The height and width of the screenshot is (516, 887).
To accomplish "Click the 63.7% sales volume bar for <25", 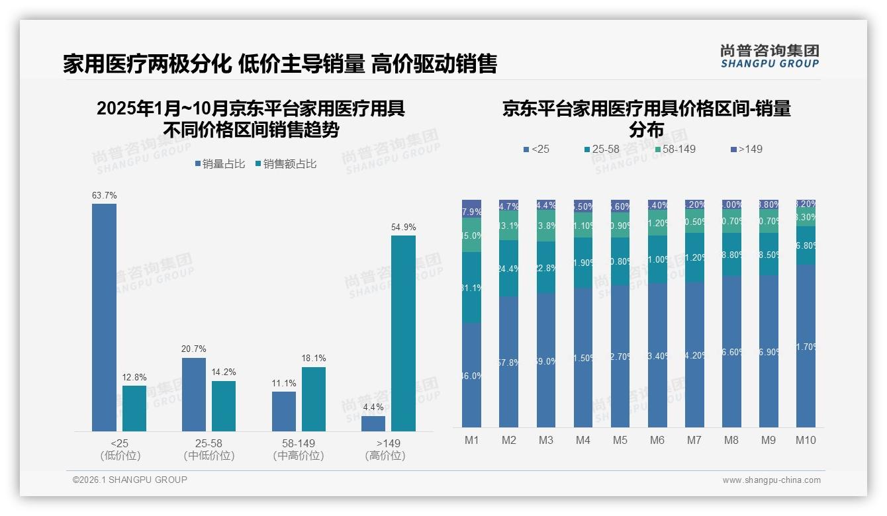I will tap(104, 318).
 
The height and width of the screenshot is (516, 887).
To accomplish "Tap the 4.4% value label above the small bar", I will tap(373, 408).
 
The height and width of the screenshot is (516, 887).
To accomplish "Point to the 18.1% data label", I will tap(313, 359).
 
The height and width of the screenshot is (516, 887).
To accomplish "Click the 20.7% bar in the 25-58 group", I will tap(193, 394).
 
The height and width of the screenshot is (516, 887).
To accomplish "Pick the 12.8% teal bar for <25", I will tap(134, 408).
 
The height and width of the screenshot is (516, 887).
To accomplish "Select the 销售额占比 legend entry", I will tap(285, 164).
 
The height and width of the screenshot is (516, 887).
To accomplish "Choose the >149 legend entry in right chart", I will tap(746, 150).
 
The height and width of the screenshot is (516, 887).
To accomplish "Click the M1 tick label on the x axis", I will tap(471, 441).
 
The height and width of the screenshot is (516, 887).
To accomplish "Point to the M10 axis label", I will tap(806, 441).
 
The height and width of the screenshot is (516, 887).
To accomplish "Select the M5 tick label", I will tap(620, 441).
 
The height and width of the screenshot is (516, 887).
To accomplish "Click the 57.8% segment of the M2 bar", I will tap(508, 361).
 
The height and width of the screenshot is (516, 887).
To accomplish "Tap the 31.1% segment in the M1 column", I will tap(471, 288).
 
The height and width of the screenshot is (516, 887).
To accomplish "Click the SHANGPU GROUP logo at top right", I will tap(769, 56).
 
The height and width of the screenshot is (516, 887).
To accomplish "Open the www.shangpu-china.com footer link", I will tap(771, 480).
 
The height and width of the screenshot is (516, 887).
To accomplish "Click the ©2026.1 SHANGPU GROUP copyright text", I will tap(130, 480).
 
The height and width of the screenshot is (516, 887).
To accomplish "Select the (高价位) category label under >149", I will tap(385, 456).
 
